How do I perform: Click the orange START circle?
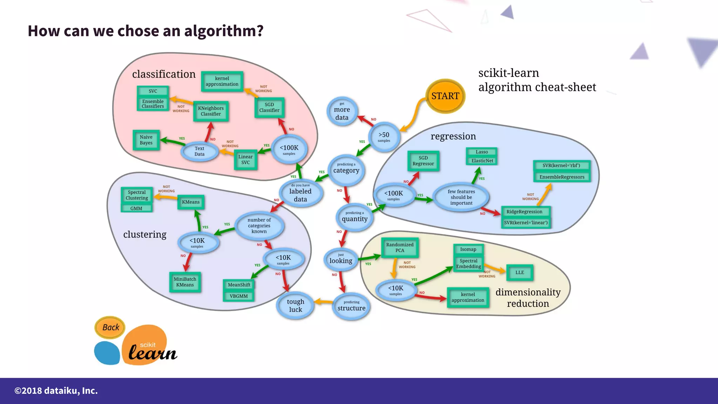(x=445, y=96)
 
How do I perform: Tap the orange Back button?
(x=110, y=327)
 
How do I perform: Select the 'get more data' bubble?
(x=342, y=111)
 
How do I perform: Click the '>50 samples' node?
(x=384, y=137)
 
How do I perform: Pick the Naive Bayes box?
(x=146, y=140)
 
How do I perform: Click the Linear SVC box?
(x=245, y=160)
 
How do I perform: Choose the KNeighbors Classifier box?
(x=211, y=111)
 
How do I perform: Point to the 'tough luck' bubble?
(x=296, y=305)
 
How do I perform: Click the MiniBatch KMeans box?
(x=185, y=282)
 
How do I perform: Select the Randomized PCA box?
(x=400, y=248)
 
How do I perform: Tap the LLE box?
(x=520, y=272)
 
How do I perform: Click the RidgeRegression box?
(x=524, y=212)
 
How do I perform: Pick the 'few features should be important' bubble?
(x=461, y=197)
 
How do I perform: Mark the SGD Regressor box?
(x=423, y=161)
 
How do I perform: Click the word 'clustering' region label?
(x=145, y=234)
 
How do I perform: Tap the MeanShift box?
(x=239, y=285)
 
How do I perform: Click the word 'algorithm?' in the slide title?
(x=224, y=31)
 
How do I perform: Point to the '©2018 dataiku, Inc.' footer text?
(x=56, y=391)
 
